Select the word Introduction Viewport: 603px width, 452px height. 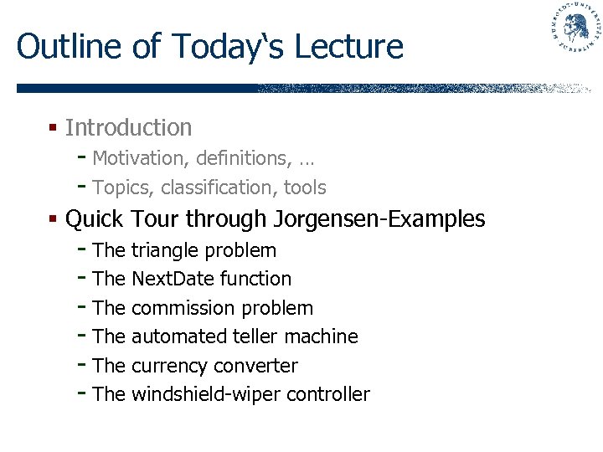[128, 128]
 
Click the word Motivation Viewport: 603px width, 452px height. [136, 158]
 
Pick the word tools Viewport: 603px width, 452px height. [305, 187]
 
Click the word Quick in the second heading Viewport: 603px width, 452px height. [94, 219]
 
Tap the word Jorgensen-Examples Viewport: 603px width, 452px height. [379, 219]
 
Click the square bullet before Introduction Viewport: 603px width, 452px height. [52, 128]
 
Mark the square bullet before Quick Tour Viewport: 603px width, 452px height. [52, 219]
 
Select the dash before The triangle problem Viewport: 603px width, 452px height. [81, 249]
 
